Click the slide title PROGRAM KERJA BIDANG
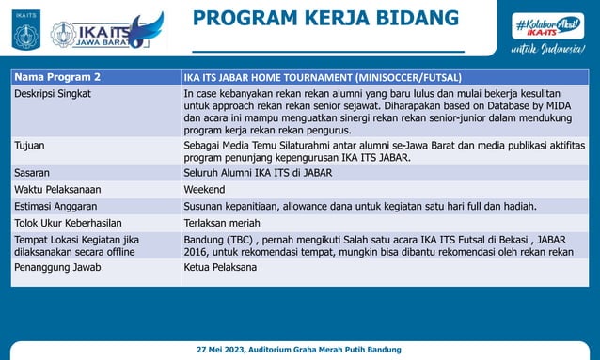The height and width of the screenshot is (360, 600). tap(326, 18)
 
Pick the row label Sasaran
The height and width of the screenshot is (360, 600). tap(34, 173)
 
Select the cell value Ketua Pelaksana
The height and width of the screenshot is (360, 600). tap(221, 268)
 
